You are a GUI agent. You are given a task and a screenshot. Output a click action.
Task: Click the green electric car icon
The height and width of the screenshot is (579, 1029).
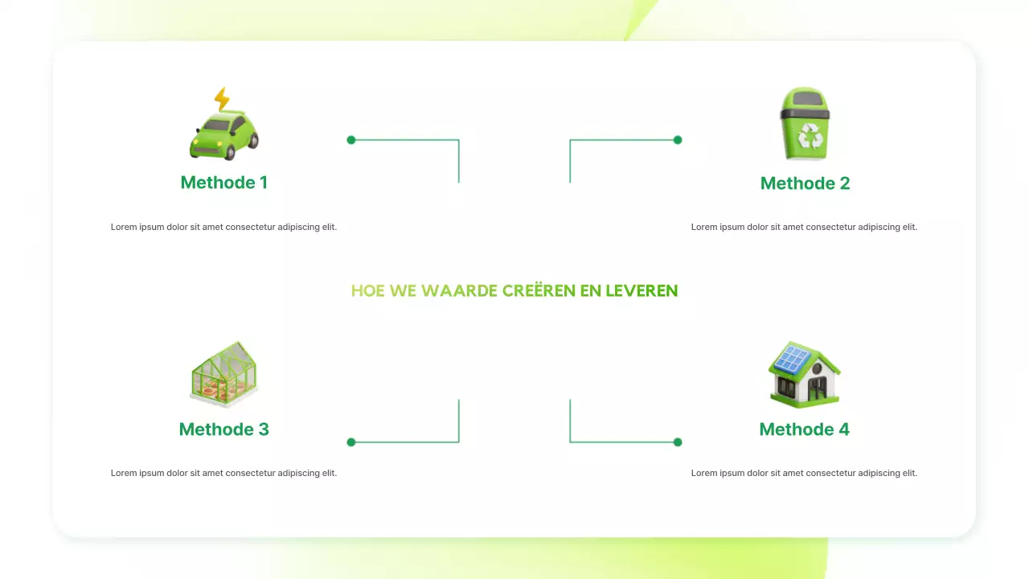[224, 135]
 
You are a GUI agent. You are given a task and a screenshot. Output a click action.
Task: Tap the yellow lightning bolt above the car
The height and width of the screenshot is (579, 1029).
[222, 99]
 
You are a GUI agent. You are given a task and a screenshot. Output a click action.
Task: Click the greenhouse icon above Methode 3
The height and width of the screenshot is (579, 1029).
[224, 375]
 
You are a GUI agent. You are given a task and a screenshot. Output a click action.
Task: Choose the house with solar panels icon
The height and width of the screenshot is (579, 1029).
[804, 375]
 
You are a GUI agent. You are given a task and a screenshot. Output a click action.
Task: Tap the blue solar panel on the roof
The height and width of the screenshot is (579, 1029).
[793, 359]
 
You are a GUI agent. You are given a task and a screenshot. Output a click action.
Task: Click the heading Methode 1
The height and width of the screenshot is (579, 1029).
[224, 183]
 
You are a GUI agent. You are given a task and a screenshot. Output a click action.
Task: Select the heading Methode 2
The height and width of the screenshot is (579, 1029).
[805, 183]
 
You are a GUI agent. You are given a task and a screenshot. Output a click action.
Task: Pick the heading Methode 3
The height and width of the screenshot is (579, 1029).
[224, 429]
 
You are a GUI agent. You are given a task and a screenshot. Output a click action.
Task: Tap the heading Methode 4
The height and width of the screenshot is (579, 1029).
[804, 429]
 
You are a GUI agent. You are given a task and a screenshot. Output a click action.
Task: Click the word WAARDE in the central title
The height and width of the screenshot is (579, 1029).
[459, 291]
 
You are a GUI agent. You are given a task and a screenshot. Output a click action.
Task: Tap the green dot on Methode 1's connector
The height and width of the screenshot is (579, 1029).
[351, 140]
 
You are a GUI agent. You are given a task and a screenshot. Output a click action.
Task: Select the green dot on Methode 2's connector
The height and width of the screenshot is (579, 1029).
[678, 140]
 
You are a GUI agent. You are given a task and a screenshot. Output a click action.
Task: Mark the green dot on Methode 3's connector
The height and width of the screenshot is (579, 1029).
[351, 442]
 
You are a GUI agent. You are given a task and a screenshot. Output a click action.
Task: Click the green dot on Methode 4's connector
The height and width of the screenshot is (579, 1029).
[678, 442]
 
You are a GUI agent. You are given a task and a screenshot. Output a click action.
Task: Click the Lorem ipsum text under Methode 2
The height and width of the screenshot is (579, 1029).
[804, 228]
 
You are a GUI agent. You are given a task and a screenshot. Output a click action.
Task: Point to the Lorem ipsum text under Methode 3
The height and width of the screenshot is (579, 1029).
[224, 474]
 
